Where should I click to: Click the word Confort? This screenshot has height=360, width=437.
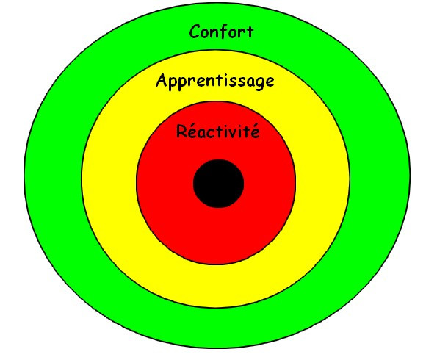point(221,31)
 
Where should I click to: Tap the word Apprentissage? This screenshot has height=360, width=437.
point(215,81)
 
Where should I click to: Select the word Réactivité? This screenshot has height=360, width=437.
point(218,131)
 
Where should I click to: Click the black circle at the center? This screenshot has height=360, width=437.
point(219,184)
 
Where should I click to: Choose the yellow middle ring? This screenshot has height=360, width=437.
point(109,179)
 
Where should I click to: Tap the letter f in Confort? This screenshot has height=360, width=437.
point(227,31)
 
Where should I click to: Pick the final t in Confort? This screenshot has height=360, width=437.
point(250,32)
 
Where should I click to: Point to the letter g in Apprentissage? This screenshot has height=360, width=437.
point(259,83)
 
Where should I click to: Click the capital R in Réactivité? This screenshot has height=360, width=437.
point(181,132)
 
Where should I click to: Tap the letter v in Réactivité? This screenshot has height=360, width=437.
point(234,133)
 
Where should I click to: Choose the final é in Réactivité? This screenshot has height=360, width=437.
point(254,131)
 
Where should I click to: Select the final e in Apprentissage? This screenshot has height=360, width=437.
point(270,82)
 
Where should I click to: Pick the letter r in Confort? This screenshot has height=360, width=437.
point(241,34)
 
